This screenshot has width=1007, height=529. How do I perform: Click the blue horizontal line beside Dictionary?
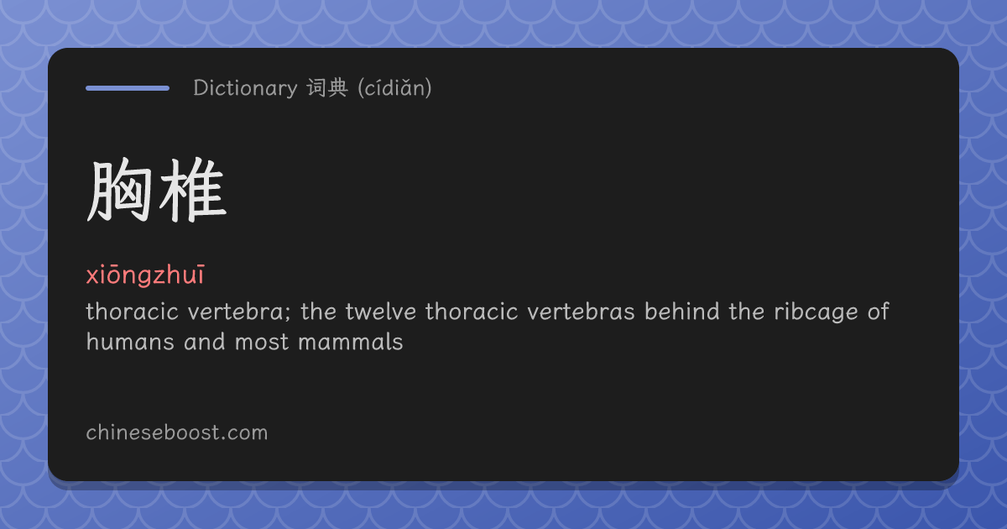(x=128, y=88)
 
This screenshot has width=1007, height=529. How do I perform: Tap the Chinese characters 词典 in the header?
(x=327, y=87)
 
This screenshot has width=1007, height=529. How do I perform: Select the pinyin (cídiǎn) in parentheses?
(x=394, y=87)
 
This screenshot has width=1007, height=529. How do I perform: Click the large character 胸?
(x=119, y=191)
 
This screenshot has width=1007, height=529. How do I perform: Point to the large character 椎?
(x=192, y=191)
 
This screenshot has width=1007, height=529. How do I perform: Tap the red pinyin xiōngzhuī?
(x=145, y=275)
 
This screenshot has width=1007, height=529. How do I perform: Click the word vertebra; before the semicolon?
(x=239, y=312)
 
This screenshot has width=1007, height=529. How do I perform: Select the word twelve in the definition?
(x=381, y=312)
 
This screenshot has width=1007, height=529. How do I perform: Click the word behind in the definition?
(x=682, y=312)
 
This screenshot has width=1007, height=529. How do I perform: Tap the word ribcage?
(x=816, y=312)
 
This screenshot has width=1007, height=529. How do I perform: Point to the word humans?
(x=130, y=342)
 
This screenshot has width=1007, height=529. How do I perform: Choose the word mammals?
(x=351, y=342)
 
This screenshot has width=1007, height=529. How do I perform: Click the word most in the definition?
(x=262, y=343)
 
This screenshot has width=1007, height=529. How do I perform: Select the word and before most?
(x=205, y=342)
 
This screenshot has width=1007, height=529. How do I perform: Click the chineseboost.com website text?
(x=177, y=432)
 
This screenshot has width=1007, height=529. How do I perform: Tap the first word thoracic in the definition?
(x=133, y=312)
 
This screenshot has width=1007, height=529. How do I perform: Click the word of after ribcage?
(x=879, y=312)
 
